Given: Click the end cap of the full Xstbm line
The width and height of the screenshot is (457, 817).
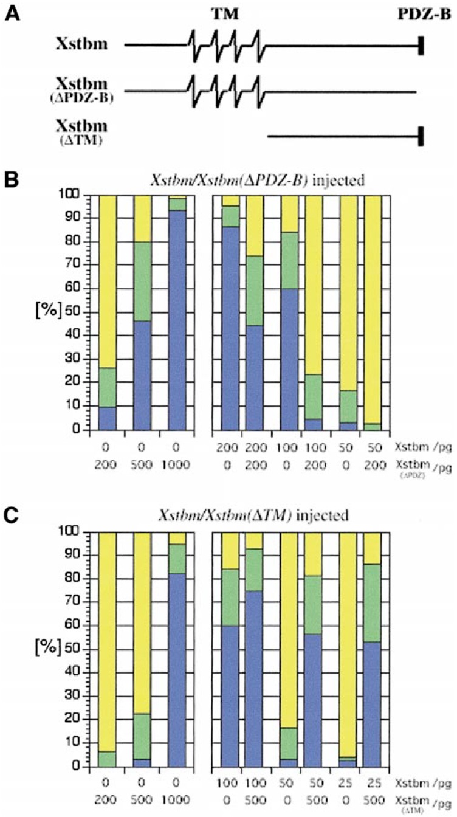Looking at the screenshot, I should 421,45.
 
